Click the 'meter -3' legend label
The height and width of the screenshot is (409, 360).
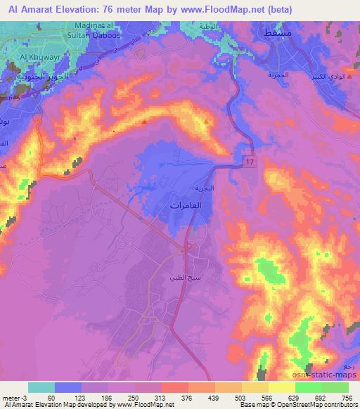15,397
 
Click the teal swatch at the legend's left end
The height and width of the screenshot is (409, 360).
41,387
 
